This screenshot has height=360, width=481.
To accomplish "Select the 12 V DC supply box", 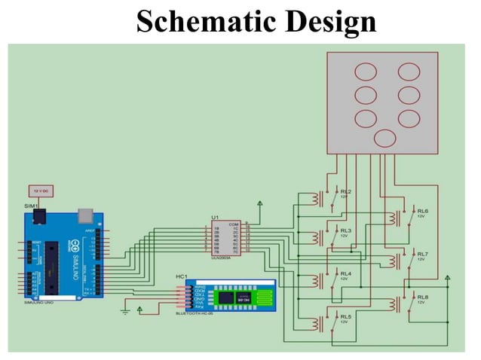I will point(40,191).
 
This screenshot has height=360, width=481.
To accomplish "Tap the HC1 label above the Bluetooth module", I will point(182,277).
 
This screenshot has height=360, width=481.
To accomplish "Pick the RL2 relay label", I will point(346,191).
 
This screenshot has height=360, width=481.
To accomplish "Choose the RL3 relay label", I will point(346,230).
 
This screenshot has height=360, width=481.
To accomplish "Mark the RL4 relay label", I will point(346,273).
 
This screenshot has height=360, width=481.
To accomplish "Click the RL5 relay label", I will point(346,316).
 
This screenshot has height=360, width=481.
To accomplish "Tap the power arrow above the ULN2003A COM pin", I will point(259,203).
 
